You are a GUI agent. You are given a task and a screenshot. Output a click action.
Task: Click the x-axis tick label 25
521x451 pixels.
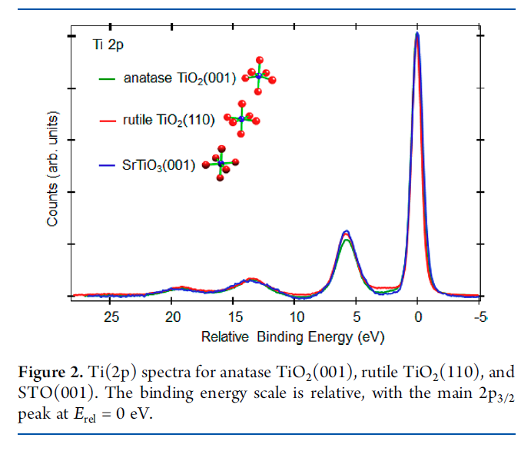pos(111,317)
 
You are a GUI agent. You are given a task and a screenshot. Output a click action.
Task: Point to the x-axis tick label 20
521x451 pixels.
pos(173,317)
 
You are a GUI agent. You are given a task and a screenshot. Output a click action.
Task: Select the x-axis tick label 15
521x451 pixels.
pos(234,317)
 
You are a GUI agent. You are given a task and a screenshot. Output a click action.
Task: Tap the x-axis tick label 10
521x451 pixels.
pos(295,317)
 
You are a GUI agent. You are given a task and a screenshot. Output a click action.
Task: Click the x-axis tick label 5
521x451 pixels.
pos(356,317)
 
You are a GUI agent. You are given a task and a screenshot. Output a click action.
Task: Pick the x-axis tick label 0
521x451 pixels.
pos(417,317)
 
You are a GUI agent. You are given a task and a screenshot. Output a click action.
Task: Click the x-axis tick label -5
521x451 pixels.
pos(480,317)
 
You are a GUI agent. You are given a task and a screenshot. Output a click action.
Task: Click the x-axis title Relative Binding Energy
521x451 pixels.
pos(292,337)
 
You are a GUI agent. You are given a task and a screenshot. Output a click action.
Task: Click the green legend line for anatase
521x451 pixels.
pos(108,78)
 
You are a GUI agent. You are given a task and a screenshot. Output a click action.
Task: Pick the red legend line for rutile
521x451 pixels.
pos(108,121)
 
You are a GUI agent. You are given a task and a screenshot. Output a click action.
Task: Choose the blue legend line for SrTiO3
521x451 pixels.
pos(108,164)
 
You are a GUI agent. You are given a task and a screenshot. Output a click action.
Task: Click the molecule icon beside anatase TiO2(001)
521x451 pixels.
pos(259,75)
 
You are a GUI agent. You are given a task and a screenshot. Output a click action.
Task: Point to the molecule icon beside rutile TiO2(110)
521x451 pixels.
pos(242,118)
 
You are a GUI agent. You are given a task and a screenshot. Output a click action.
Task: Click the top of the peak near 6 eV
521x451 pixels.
pos(347,231)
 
